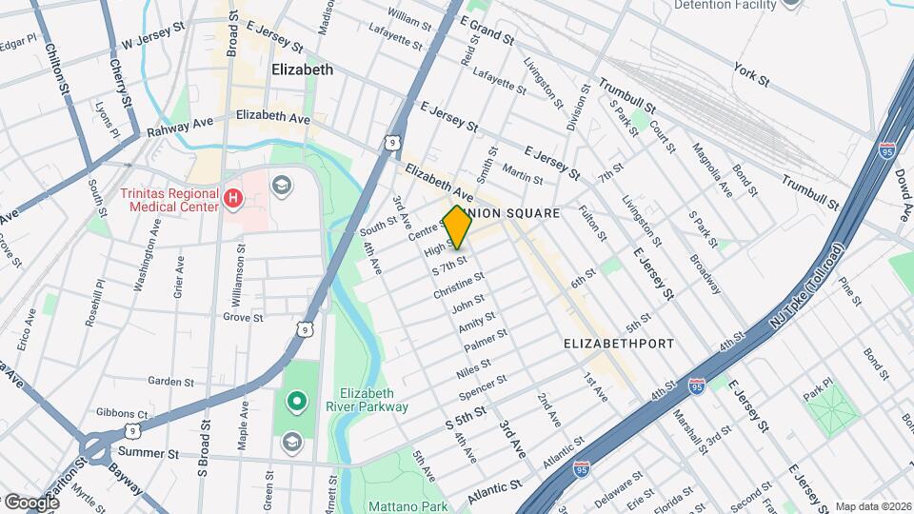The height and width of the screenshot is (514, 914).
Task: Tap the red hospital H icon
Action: tap(233, 199)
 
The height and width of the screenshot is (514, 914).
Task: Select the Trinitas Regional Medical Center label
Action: tap(169, 199)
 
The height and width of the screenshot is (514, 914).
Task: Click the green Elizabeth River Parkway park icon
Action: tap(294, 402)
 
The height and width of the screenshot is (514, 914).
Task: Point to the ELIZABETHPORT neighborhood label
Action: tap(619, 343)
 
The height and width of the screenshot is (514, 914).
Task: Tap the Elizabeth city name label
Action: tap(302, 69)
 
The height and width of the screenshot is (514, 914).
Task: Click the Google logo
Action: tap(31, 502)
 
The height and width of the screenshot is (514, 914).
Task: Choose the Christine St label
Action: tap(458, 287)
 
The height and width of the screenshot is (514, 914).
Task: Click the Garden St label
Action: tap(171, 381)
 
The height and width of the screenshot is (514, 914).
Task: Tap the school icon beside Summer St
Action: tap(291, 443)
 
